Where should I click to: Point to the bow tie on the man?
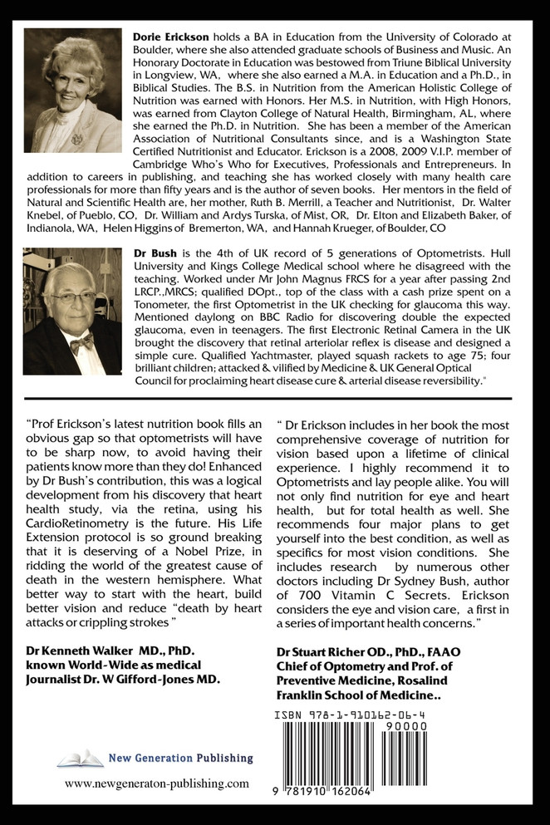click(x=81, y=341)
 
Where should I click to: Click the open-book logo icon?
click(x=81, y=758)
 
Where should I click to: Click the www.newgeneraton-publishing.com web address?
click(x=156, y=783)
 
